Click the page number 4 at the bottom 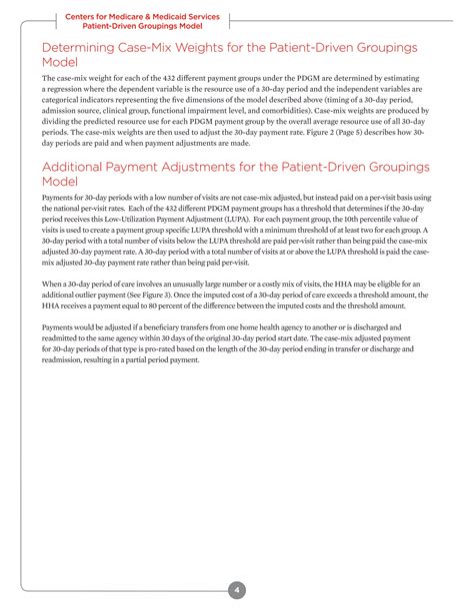237,562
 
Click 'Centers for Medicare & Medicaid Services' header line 142,16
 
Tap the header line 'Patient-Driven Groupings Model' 142,26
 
